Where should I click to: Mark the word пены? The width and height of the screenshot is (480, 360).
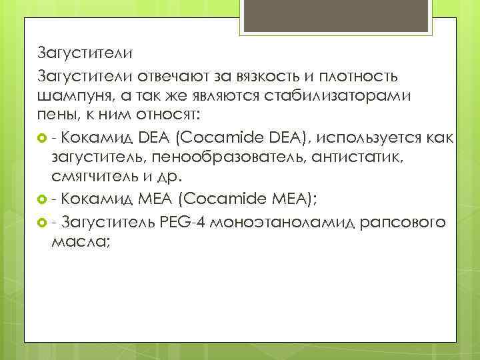pyautogui.click(x=56, y=115)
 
